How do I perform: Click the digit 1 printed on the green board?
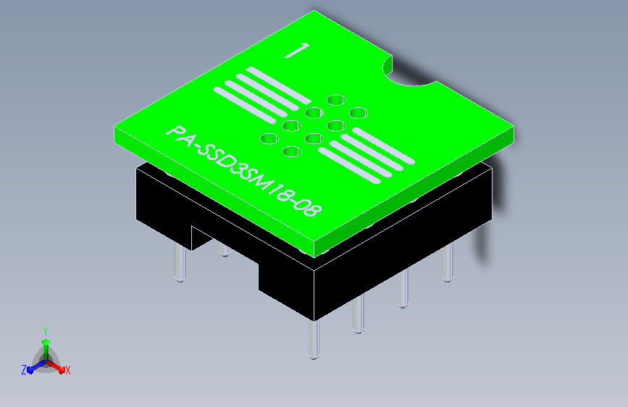(297, 51)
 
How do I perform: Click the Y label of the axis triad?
(46, 331)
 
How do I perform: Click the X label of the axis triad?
(67, 371)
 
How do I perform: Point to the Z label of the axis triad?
(24, 370)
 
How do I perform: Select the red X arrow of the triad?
(55, 366)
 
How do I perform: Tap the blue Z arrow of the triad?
(37, 366)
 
